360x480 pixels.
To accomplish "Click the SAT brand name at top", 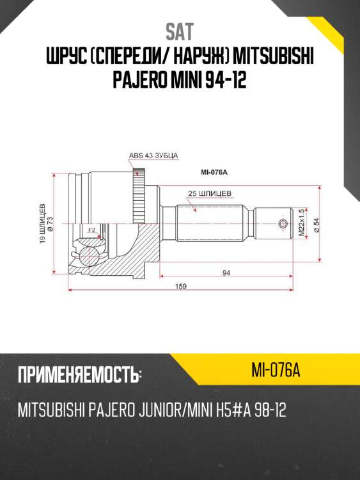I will click(180, 31).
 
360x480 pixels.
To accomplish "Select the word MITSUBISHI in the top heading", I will click(274, 59).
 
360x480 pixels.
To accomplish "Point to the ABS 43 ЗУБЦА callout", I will click(153, 156).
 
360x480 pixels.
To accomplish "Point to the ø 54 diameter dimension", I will click(317, 225).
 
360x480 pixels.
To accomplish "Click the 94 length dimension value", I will click(226, 273).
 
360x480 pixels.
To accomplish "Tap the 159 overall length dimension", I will click(180, 287).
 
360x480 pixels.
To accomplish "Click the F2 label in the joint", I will click(92, 229).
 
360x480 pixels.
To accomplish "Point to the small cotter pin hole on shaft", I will click(282, 223).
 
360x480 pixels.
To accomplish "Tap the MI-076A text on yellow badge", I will click(276, 369).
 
